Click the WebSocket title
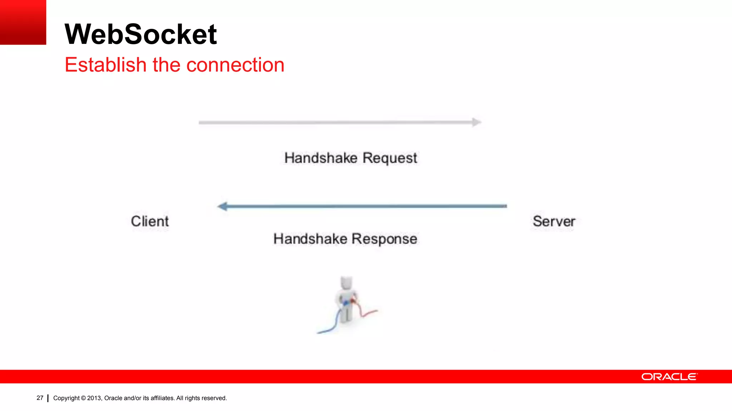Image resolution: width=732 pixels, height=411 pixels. point(140,34)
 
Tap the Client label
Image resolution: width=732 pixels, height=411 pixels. point(150,221)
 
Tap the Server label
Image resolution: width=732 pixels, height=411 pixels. point(554,221)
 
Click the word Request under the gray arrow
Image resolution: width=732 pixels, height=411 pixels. point(390,158)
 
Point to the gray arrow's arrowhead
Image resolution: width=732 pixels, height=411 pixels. point(476,122)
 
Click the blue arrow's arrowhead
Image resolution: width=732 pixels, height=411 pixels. point(223,206)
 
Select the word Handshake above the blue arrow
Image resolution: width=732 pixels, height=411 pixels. point(321,158)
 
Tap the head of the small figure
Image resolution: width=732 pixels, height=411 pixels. point(346,283)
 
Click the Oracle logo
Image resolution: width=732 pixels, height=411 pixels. point(669,377)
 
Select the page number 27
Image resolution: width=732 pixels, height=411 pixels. point(40,398)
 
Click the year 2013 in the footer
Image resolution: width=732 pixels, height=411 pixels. point(94,398)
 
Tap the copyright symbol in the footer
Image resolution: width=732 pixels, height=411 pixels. point(83,398)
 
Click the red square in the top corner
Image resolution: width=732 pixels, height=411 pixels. point(23,22)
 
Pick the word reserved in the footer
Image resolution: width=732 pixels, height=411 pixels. point(215,398)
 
